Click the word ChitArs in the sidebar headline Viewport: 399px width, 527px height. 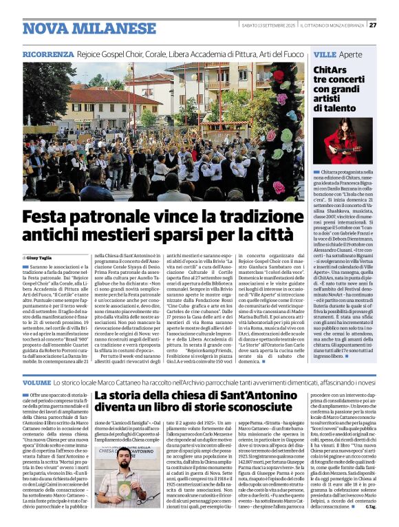coord(330,71)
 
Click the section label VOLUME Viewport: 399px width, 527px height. coord(36,382)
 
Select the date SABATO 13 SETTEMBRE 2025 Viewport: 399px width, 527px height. coord(266,25)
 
